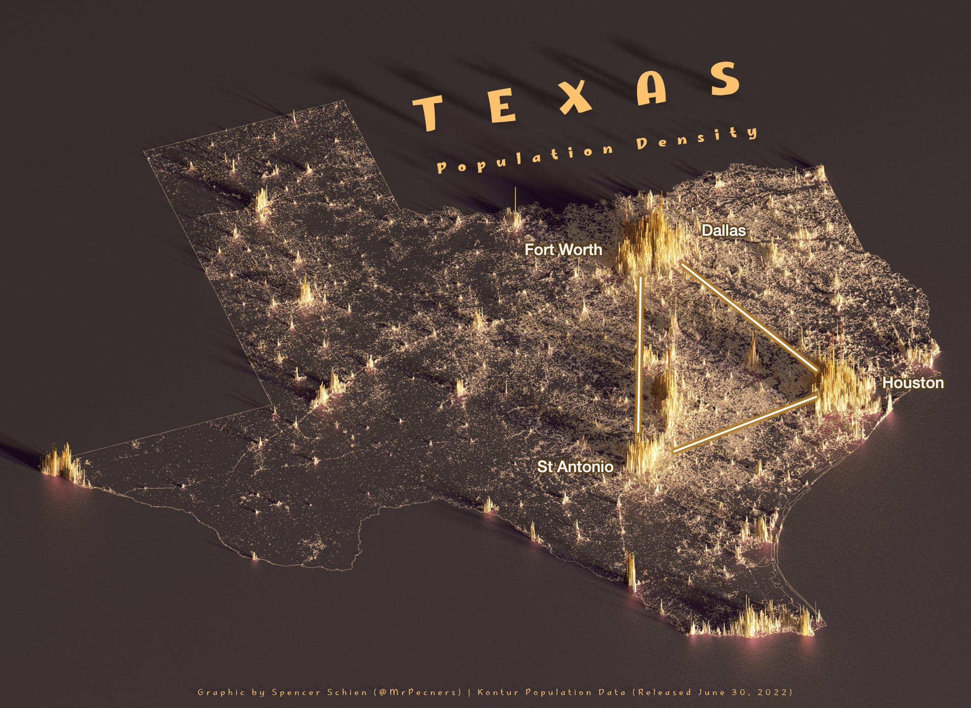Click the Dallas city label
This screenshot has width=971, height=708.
[723, 230]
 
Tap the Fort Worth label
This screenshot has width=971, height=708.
[563, 250]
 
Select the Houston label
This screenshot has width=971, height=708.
[913, 383]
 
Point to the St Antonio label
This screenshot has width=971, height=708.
[575, 467]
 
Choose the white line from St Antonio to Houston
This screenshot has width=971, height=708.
[744, 424]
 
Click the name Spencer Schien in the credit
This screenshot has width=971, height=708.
[320, 692]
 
